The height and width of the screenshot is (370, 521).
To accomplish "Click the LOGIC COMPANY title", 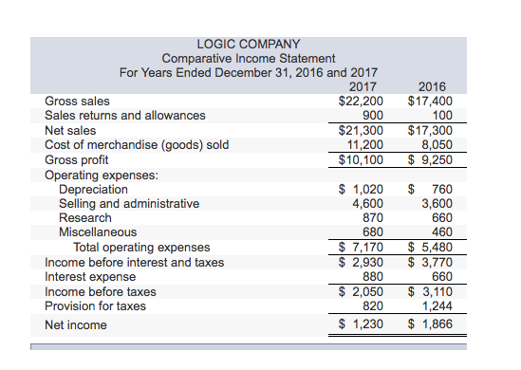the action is tap(248, 44).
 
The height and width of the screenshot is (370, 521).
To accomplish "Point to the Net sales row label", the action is tap(70, 131).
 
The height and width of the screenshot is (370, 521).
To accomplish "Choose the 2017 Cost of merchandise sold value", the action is tap(365, 145).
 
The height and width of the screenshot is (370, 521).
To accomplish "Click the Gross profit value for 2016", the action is tap(430, 160).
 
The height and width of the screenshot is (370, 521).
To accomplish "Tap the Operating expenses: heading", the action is tap(102, 175).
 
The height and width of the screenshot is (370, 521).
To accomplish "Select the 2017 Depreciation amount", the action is tap(362, 189).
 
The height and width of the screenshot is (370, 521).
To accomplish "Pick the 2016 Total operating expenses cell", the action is tap(430, 248).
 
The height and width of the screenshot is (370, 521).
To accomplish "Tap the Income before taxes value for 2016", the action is tap(430, 291).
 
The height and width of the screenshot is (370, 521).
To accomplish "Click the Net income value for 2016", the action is tap(430, 324).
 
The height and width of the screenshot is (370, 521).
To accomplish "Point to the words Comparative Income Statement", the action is tap(248, 58).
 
